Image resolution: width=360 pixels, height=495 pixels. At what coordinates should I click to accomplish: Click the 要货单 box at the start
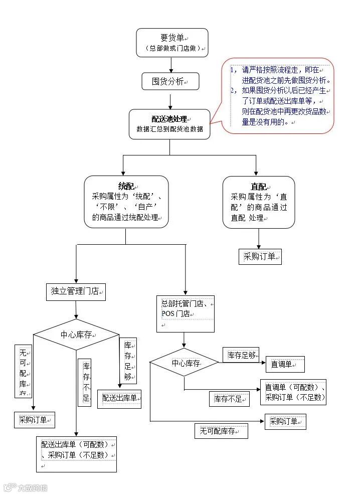coord(172,42)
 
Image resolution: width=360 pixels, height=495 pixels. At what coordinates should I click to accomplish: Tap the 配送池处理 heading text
coord(169,119)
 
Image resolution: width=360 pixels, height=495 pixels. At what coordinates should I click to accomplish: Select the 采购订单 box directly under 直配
coord(260,257)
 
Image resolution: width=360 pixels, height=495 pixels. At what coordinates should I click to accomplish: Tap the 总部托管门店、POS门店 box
coord(185,313)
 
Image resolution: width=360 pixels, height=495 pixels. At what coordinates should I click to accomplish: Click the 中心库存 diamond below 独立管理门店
coord(76,335)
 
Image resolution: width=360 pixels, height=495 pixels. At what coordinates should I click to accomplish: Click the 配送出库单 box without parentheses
coord(119,398)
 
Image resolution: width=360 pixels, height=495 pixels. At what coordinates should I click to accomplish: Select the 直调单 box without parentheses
coord(285,364)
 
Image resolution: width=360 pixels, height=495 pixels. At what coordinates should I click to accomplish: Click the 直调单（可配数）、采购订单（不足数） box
coord(293,392)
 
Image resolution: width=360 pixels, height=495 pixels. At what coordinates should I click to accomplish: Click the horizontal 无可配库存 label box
coord(221,431)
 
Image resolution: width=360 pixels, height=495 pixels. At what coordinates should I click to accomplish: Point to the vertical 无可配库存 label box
coord(23,371)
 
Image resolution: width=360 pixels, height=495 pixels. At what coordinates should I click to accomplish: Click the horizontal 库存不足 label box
coord(229,399)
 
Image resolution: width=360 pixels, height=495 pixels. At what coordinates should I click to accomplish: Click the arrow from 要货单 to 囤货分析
coord(171,64)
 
